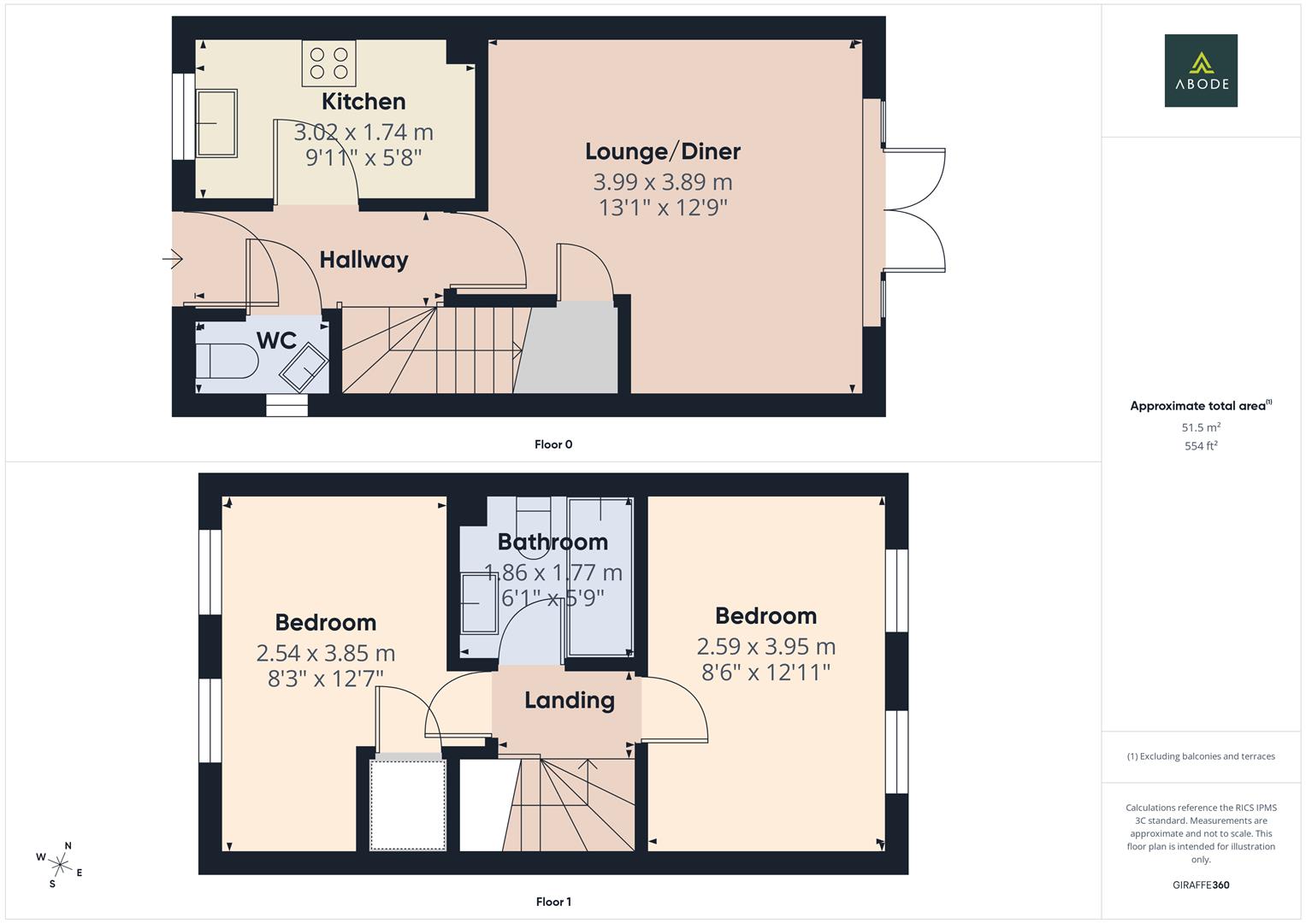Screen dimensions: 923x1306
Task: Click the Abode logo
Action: pyautogui.click(x=1201, y=70)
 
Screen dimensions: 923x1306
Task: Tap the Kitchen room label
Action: pyautogui.click(x=363, y=102)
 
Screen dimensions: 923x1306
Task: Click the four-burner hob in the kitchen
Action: pyautogui.click(x=328, y=62)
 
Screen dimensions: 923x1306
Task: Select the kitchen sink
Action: pyautogui.click(x=216, y=123)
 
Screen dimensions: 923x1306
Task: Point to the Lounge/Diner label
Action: pyautogui.click(x=663, y=151)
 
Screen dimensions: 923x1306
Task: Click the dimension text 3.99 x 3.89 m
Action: pyautogui.click(x=663, y=182)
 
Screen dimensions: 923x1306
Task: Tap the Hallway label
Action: pyautogui.click(x=363, y=260)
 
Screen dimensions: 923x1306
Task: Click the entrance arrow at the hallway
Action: pyautogui.click(x=174, y=258)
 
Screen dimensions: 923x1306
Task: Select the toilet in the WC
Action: pyautogui.click(x=226, y=361)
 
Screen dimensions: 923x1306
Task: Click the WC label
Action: pyautogui.click(x=276, y=341)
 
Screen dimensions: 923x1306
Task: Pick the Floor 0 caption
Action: pyautogui.click(x=553, y=444)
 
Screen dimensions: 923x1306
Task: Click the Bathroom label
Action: pyautogui.click(x=553, y=542)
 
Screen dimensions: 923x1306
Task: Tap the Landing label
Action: pyautogui.click(x=570, y=701)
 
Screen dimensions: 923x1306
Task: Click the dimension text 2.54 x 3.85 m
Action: pyautogui.click(x=325, y=654)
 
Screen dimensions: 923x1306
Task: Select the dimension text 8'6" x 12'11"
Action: pyautogui.click(x=765, y=673)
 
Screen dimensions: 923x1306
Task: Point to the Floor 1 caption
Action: pyautogui.click(x=553, y=902)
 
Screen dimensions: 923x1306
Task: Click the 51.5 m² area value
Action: pyautogui.click(x=1201, y=427)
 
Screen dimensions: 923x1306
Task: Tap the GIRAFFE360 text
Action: pyautogui.click(x=1201, y=885)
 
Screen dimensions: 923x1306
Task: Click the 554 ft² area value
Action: pyautogui.click(x=1201, y=446)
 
